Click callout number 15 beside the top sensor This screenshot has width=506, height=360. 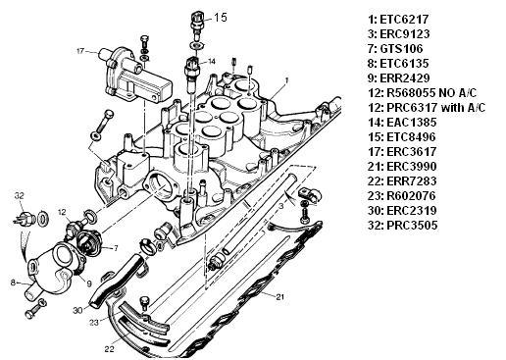coord(221,18)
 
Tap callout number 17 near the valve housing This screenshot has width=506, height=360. coord(80,51)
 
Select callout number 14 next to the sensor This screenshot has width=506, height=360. coord(212,61)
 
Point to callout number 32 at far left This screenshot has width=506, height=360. coord(20,196)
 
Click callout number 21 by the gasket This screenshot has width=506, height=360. coord(280,297)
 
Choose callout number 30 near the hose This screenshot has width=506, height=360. coord(77,310)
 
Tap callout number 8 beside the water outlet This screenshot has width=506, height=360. coord(13,283)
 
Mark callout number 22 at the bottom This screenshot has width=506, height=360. coord(110,349)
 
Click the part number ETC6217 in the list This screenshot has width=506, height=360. coord(404,20)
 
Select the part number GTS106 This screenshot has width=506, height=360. coord(401,49)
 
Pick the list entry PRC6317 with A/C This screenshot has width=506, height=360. coord(436,108)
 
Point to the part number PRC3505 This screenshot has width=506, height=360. coord(412,226)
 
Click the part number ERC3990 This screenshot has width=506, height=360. coord(412,167)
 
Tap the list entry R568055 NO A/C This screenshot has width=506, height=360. coord(431,93)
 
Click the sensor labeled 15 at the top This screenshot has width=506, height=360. coord(197,24)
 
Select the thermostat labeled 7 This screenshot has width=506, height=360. coord(88,241)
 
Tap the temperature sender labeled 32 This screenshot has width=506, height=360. coord(24,219)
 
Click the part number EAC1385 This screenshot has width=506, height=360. coord(412,123)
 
